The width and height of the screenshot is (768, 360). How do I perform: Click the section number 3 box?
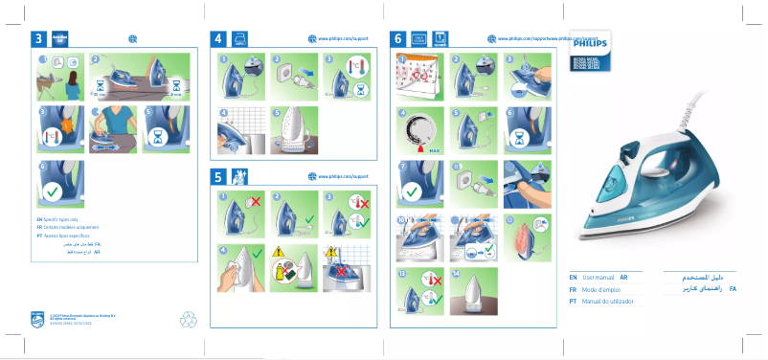tap(38, 39)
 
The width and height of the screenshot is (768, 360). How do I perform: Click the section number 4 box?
tap(218, 39)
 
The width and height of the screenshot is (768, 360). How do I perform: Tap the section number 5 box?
tap(218, 176)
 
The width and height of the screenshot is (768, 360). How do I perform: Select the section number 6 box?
tap(398, 39)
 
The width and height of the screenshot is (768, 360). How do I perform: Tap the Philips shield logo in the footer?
tap(36, 317)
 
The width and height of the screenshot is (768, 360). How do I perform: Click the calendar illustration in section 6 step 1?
tap(418, 74)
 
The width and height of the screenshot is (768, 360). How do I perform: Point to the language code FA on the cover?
tap(733, 288)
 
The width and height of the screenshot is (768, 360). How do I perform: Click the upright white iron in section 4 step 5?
tap(289, 128)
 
